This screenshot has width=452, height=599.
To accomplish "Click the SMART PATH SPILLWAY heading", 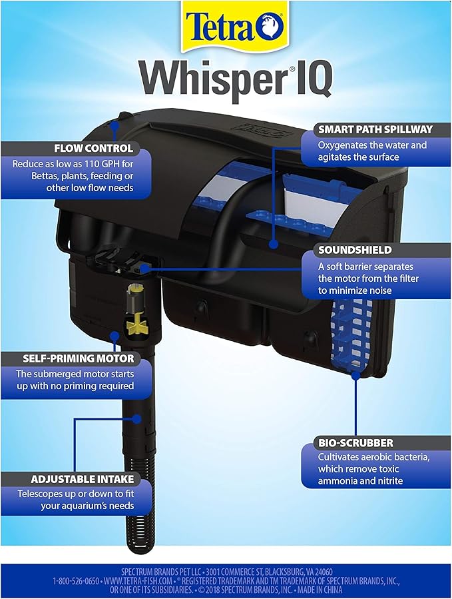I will point(375,129).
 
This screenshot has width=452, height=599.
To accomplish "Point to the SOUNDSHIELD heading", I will point(345,249).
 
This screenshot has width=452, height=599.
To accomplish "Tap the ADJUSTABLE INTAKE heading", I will point(82,478).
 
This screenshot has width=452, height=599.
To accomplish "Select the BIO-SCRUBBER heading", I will point(346,442).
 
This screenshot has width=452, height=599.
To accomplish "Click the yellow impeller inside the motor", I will point(136,325).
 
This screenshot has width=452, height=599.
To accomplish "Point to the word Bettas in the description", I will point(31,176).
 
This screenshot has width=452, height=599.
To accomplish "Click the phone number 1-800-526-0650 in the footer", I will point(77,581).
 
